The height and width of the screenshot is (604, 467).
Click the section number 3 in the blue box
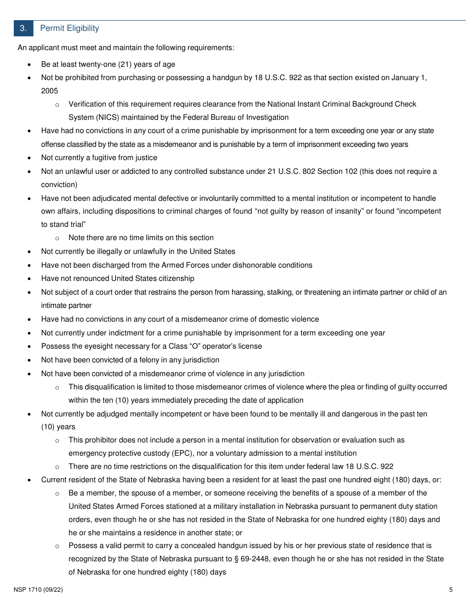coord(23,28)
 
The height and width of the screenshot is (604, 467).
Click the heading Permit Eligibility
coord(69,28)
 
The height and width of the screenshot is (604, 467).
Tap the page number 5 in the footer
coord(450,590)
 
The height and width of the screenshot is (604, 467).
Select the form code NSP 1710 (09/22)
coord(38,590)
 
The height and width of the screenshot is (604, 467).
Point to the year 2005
coord(50,91)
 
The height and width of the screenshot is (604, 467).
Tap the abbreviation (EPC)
coord(148,453)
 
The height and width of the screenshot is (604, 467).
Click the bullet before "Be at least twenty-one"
coord(30,65)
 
